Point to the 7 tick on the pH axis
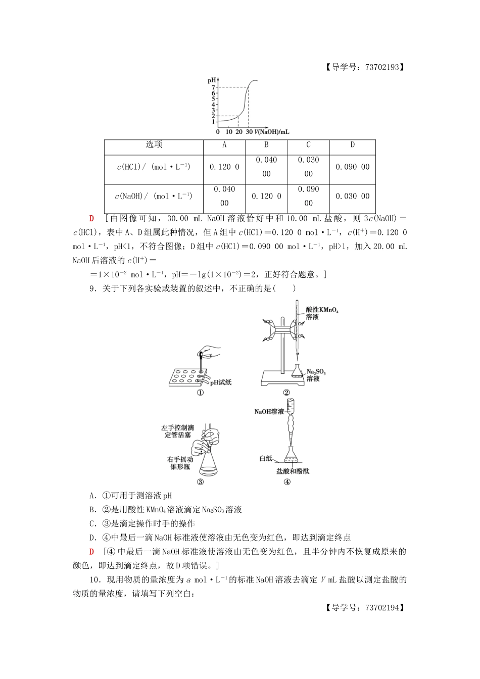point(214,87)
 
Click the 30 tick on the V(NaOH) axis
point(249,132)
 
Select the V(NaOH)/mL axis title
point(272,132)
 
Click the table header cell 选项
point(154,145)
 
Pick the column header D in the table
point(352,145)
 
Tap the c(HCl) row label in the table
point(154,167)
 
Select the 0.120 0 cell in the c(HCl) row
point(224,167)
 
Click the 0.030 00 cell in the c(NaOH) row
point(352,197)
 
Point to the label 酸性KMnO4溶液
point(322,313)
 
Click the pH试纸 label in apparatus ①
point(221,382)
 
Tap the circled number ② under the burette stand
point(286,393)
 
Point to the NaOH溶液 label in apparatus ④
point(269,412)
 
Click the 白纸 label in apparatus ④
point(266,458)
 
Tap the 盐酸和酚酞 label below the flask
point(293,471)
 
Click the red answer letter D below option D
point(91,552)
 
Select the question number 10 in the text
point(93,579)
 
